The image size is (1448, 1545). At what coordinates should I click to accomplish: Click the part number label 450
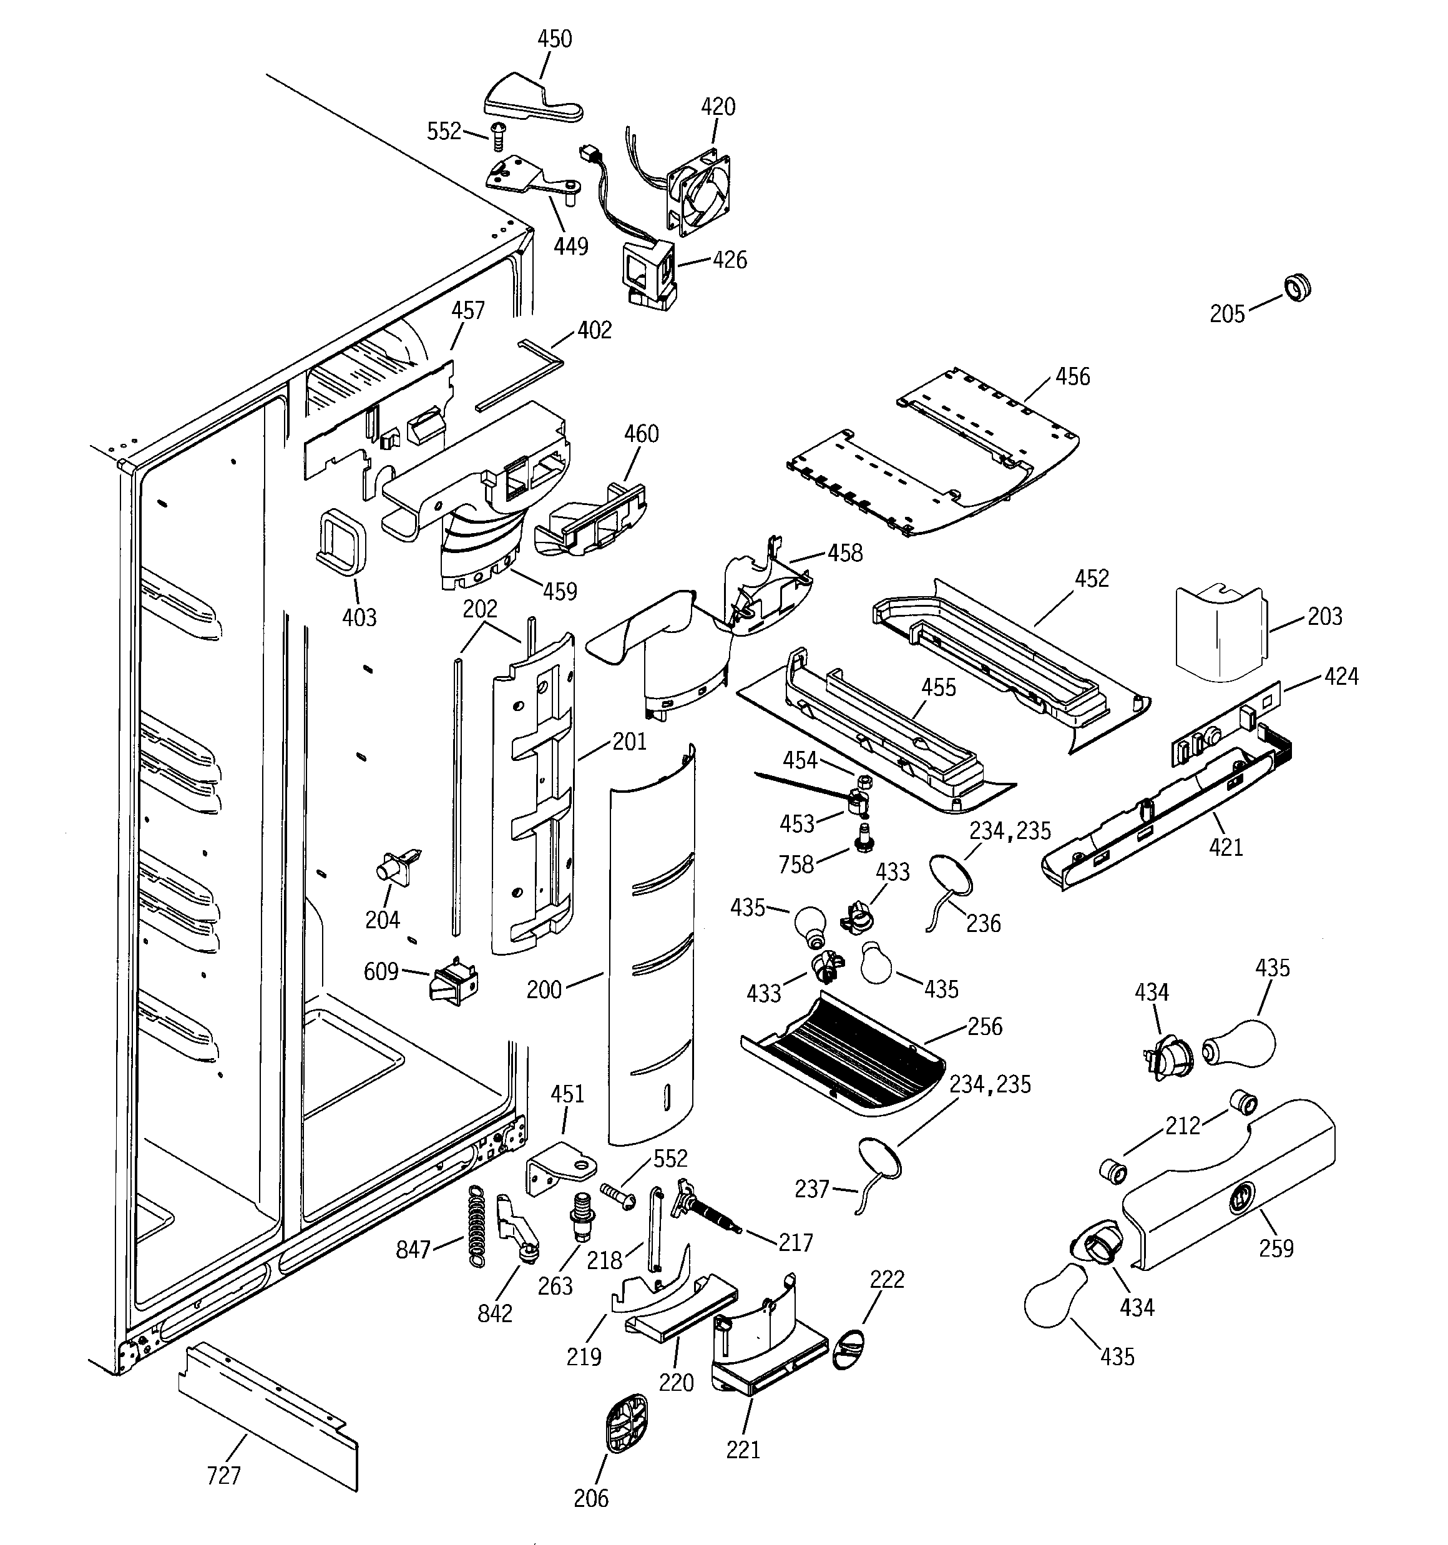[x=554, y=39]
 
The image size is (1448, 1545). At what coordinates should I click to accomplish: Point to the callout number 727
[x=224, y=1475]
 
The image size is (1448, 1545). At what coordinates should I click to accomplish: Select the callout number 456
[x=1073, y=377]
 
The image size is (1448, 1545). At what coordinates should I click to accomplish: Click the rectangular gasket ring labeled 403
[x=341, y=541]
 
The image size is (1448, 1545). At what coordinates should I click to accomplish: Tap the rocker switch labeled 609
[x=454, y=986]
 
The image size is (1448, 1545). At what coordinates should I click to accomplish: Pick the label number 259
[x=1276, y=1248]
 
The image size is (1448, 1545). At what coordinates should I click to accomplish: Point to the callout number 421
[x=1226, y=847]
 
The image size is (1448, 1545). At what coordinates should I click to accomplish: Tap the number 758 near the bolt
[x=796, y=864]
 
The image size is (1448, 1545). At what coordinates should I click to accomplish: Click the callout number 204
[x=383, y=920]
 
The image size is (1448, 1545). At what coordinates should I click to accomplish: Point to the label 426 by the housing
[x=730, y=260]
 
